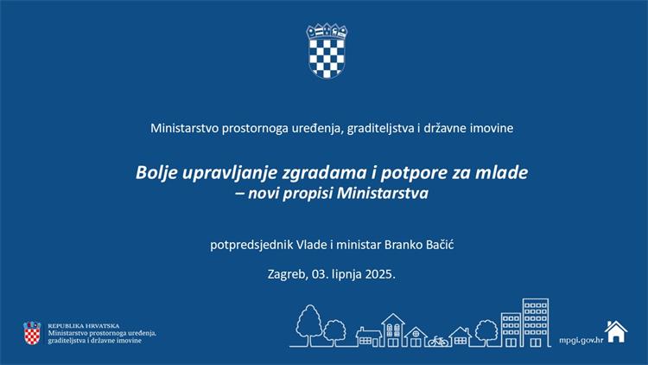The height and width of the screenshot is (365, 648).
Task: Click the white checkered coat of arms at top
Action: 327,51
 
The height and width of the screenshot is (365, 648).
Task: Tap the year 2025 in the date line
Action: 380,274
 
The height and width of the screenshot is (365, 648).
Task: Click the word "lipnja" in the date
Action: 346,274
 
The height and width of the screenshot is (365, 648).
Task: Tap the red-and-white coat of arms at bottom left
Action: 32,333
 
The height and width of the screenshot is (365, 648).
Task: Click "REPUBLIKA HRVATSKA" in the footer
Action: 84,326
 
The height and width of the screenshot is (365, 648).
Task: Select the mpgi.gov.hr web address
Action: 581,340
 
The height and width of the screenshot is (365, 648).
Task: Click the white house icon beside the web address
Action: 616,331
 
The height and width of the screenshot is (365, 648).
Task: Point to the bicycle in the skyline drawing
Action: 438,341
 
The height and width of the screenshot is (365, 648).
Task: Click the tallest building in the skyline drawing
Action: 536,323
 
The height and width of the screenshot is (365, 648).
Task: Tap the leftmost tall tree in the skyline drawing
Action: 308,324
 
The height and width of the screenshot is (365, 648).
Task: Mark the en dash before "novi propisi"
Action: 239,194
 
